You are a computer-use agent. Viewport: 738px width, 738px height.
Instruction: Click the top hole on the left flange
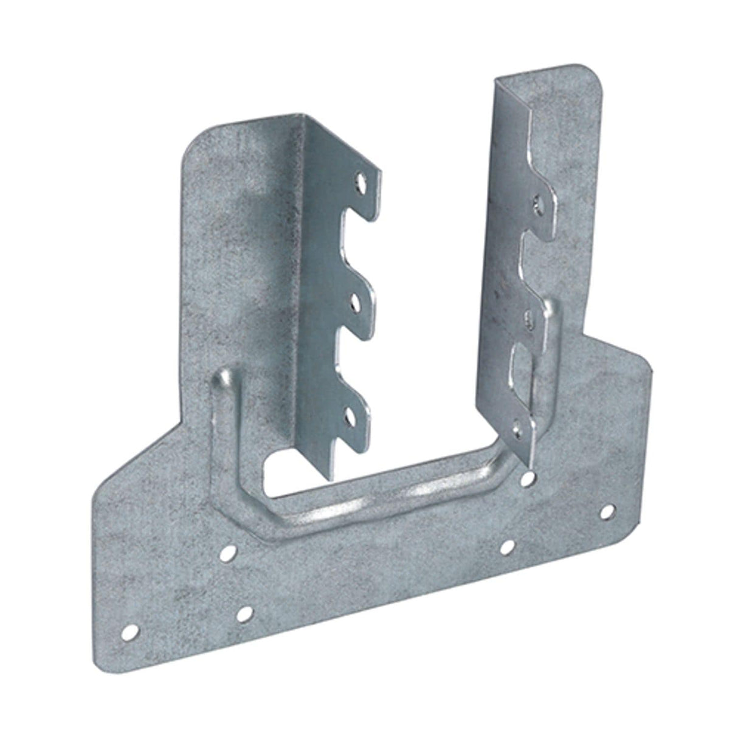362,181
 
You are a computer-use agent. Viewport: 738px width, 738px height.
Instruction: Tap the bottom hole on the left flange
351,416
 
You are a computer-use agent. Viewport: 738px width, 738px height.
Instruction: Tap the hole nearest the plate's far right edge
605,512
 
